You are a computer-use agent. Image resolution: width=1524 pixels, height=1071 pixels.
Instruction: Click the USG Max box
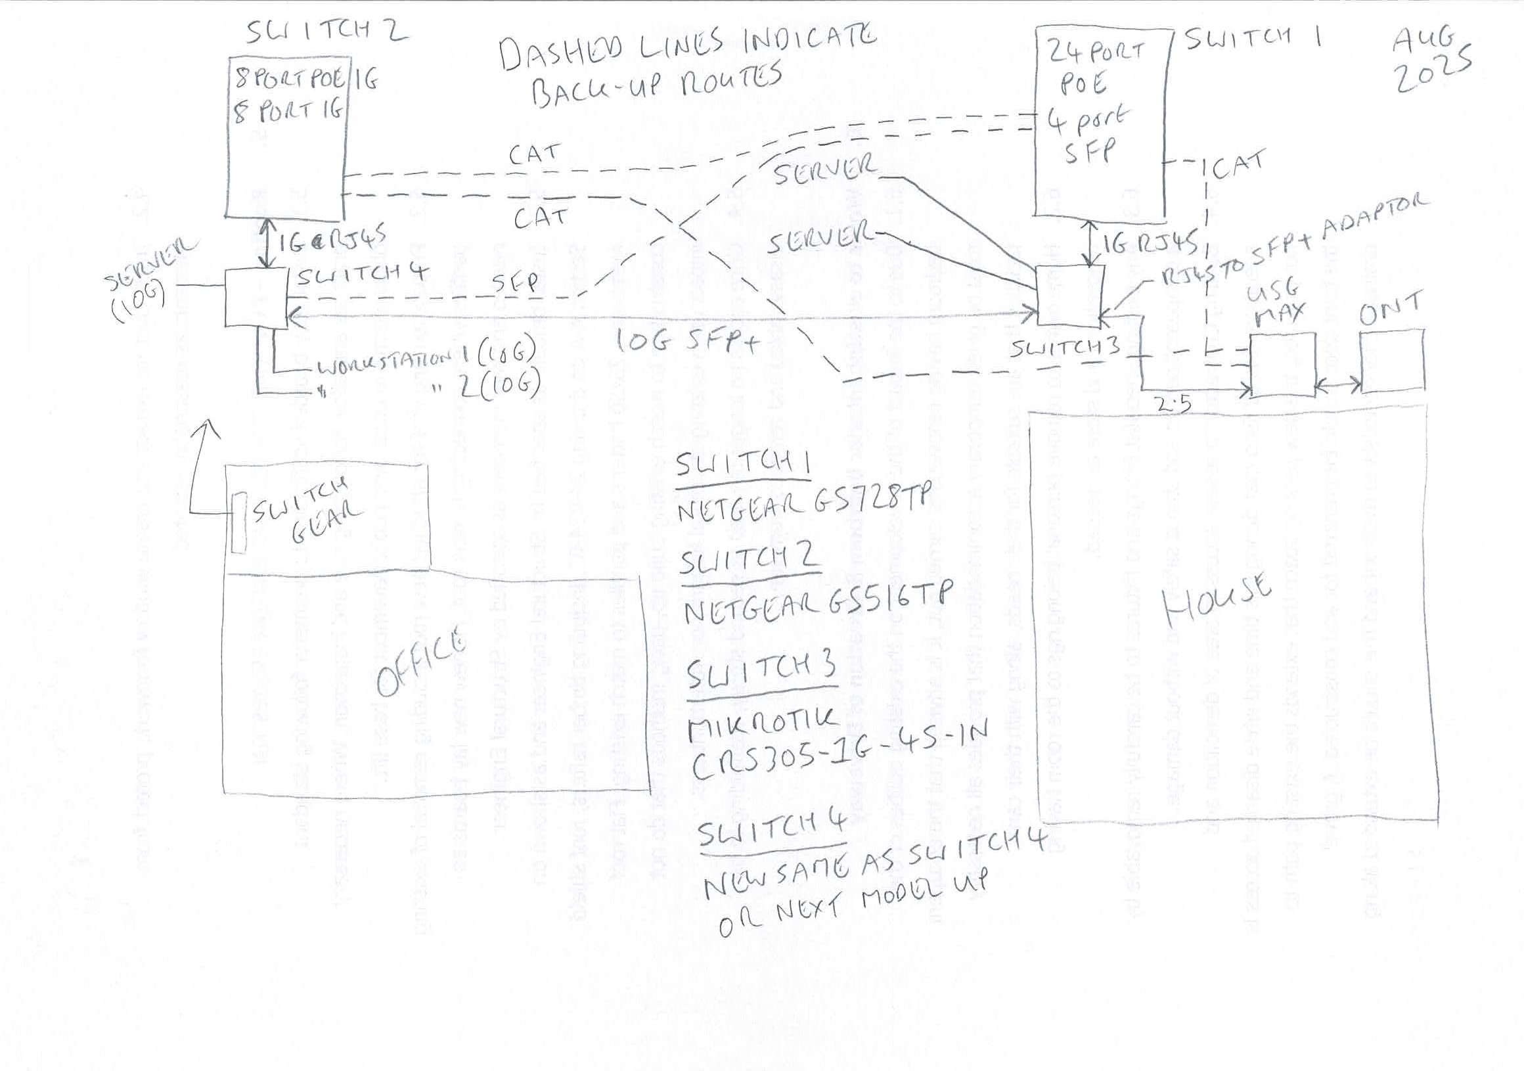click(x=1282, y=365)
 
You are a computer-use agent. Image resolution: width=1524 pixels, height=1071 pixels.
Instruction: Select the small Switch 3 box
click(x=1069, y=296)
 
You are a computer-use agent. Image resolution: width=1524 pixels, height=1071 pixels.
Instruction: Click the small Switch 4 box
click(x=256, y=298)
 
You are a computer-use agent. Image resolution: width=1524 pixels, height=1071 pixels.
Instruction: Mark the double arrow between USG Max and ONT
click(x=1337, y=384)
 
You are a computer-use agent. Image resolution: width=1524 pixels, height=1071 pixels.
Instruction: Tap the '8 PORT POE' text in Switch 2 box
click(x=290, y=81)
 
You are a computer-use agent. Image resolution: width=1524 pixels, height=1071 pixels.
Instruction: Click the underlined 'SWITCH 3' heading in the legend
click(x=760, y=674)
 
